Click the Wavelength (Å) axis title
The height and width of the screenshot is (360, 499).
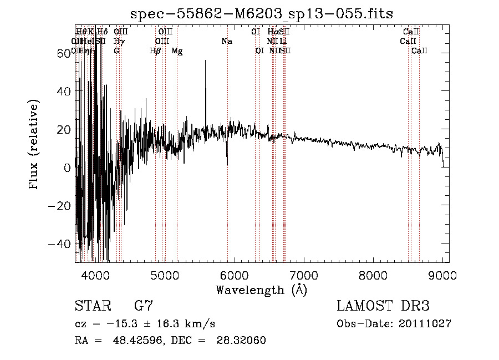click(x=261, y=290)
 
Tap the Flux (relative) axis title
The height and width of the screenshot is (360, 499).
click(x=34, y=145)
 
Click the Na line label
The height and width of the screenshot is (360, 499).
click(x=226, y=41)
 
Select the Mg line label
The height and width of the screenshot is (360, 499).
click(x=177, y=51)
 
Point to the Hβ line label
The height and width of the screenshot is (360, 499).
click(x=155, y=51)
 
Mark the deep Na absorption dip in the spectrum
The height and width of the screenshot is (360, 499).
click(x=227, y=162)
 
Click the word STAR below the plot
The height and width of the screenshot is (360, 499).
click(x=92, y=306)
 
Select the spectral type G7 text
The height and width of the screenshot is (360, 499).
click(x=144, y=306)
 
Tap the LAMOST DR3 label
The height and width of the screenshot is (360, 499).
click(x=383, y=306)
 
